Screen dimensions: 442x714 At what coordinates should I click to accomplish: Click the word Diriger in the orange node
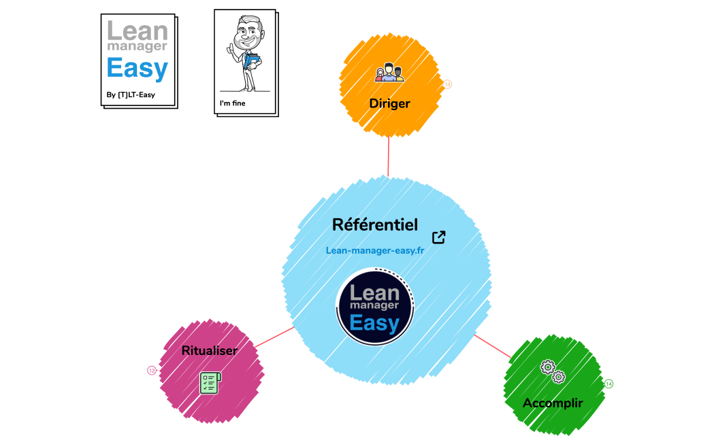pyautogui.click(x=389, y=103)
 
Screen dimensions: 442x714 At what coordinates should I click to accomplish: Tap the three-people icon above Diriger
pyautogui.click(x=389, y=73)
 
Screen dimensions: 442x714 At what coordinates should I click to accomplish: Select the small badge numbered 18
pyautogui.click(x=448, y=84)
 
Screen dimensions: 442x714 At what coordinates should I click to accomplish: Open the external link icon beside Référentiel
pyautogui.click(x=439, y=237)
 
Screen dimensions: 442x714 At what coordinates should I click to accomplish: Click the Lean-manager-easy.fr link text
pyautogui.click(x=375, y=250)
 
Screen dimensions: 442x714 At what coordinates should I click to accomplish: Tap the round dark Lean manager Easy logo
pyautogui.click(x=375, y=304)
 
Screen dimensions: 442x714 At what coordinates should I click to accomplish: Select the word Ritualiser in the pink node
pyautogui.click(x=209, y=351)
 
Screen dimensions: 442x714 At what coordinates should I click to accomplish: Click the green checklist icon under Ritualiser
pyautogui.click(x=210, y=382)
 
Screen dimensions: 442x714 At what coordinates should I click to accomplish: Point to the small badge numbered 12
pyautogui.click(x=152, y=371)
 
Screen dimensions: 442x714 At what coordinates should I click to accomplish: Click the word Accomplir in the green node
pyautogui.click(x=553, y=403)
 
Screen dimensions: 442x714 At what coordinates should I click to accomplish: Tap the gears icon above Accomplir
pyautogui.click(x=553, y=371)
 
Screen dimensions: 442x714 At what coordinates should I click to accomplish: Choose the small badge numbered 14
pyautogui.click(x=608, y=384)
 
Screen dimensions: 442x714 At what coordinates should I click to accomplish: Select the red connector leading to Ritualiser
pyautogui.click(x=275, y=337)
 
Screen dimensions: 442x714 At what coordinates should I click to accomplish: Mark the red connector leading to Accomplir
pyautogui.click(x=491, y=345)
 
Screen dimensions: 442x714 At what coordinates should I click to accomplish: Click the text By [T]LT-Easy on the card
pyautogui.click(x=131, y=95)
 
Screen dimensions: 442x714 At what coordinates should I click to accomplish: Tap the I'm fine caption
pyautogui.click(x=232, y=103)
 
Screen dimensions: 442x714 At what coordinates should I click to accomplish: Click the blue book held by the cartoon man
pyautogui.click(x=253, y=62)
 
